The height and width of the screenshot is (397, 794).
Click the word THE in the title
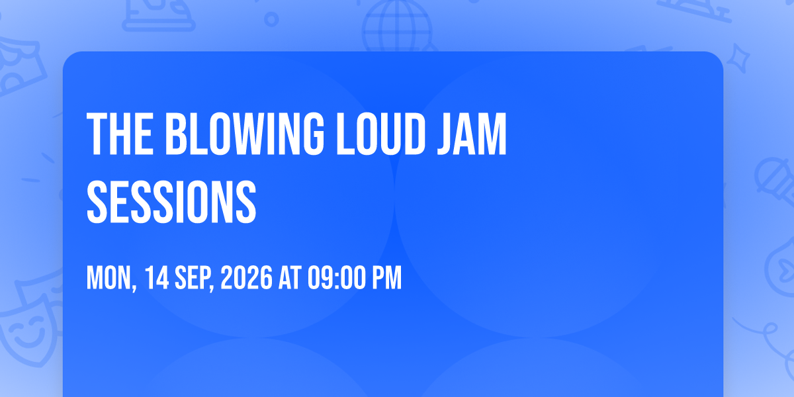click(x=120, y=134)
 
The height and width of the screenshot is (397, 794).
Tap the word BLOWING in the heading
click(x=245, y=134)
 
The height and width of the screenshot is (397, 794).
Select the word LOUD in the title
click(x=380, y=134)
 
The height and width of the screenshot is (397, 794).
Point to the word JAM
click(x=472, y=134)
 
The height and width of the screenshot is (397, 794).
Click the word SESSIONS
click(x=171, y=202)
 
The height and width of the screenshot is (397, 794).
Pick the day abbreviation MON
click(x=111, y=279)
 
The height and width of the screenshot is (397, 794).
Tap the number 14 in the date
click(x=156, y=278)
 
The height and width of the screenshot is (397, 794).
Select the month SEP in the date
click(x=194, y=279)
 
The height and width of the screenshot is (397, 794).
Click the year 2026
click(x=246, y=278)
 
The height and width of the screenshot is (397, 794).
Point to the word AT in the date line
click(x=290, y=278)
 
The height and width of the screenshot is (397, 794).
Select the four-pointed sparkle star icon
click(x=738, y=58)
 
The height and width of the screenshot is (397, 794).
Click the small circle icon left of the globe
click(x=271, y=19)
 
